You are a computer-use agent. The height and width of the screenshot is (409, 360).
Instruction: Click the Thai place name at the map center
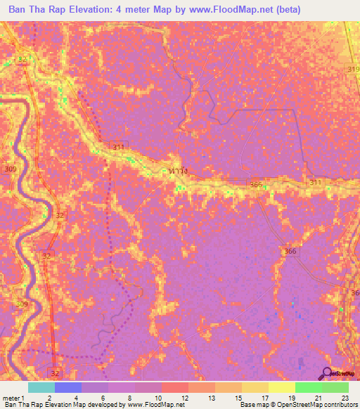coord(179,171)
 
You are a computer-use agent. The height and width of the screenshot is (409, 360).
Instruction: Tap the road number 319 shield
coord(353,69)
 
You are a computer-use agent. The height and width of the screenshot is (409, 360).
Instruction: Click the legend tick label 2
coord(49,398)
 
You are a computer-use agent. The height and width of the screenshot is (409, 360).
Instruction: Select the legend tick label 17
coord(263,398)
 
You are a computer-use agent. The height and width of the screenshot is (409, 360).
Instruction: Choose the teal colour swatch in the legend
coord(41,387)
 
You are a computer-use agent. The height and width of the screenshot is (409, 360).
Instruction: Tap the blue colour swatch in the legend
coord(67,387)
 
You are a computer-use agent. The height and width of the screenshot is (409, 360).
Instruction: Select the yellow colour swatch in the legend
coord(281,387)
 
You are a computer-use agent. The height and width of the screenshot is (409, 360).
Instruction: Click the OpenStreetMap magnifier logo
coord(327,373)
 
